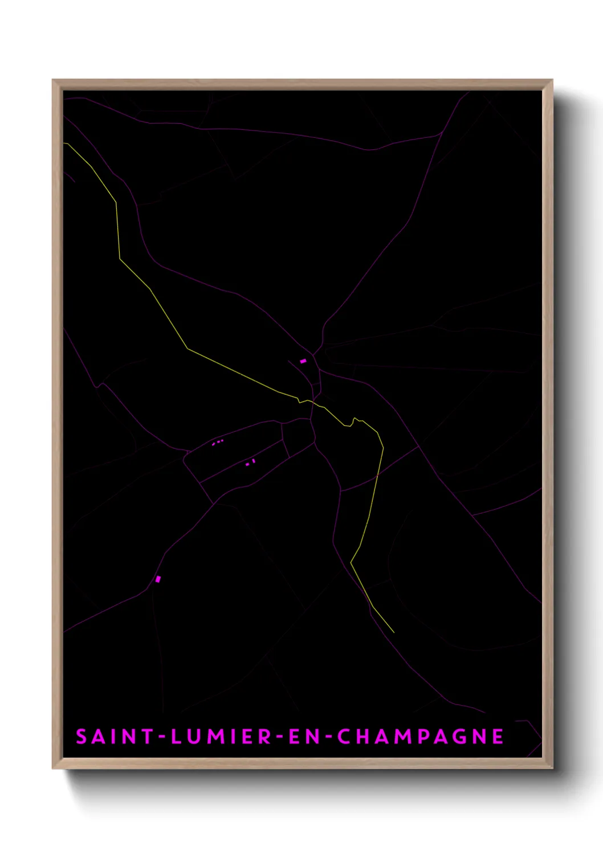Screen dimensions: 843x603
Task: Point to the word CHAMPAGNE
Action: coord(420,736)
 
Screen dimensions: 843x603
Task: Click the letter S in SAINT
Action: coord(82,736)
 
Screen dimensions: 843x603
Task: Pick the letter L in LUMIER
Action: coord(176,736)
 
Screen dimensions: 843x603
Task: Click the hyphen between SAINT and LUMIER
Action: coord(162,737)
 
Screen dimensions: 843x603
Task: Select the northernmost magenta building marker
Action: coord(303,361)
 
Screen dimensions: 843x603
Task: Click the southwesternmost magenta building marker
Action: coord(158,579)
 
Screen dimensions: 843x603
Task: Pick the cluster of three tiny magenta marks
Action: coord(218,441)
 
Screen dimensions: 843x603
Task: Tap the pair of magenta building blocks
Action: coord(250,463)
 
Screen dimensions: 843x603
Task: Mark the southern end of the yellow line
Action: coord(393,632)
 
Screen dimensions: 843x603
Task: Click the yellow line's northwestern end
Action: coord(64,143)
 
